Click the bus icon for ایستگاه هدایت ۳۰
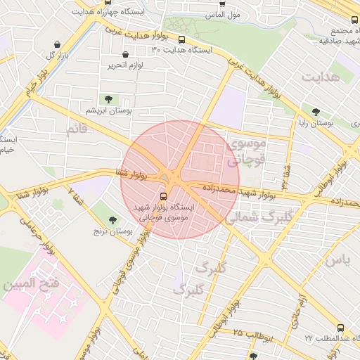tap(183, 40)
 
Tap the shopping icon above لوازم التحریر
tap(126, 54)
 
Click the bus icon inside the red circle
tap(164, 196)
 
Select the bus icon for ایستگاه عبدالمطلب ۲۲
tap(341, 328)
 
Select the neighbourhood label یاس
tap(337, 259)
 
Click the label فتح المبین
tap(29, 285)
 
